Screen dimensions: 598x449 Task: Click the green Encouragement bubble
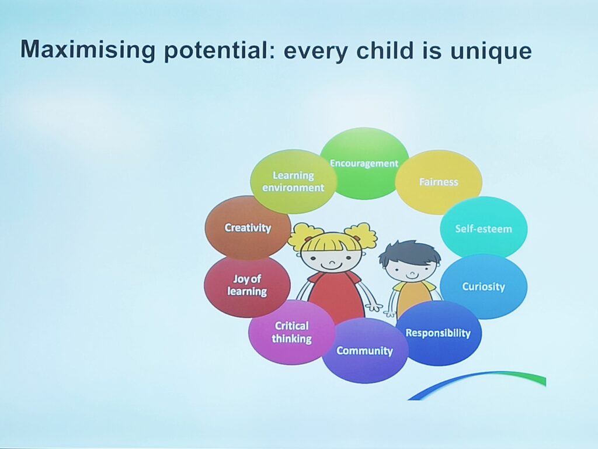[364, 164]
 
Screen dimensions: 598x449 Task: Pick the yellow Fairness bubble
[439, 182]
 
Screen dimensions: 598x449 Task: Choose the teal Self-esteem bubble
[484, 229]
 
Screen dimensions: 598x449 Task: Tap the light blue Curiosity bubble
[484, 286]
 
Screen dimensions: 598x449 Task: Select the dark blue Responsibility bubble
[439, 333]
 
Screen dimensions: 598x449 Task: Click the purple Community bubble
[364, 351]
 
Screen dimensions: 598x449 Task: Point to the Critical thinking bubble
[292, 332]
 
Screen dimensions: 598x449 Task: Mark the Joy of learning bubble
[247, 285]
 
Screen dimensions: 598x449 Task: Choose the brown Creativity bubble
[248, 227]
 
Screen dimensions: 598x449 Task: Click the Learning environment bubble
[293, 181]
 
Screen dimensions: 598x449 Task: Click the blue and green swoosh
[477, 384]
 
